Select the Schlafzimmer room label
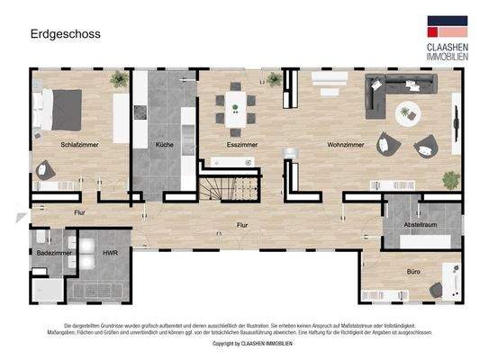79,144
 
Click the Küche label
164,144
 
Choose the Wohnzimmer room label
345,144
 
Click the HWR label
110,255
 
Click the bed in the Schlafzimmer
65,107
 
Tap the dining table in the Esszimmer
236,104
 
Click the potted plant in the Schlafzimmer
118,79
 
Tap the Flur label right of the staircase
242,225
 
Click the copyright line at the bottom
239,343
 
